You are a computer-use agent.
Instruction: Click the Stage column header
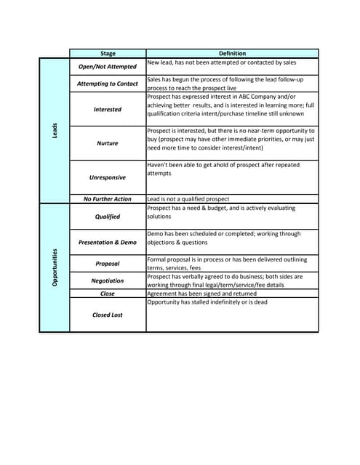pyautogui.click(x=108, y=53)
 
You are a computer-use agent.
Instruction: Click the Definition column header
pyautogui.click(x=232, y=53)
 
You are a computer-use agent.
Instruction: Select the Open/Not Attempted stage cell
pyautogui.click(x=108, y=66)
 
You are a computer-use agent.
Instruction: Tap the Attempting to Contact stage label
pyautogui.click(x=108, y=84)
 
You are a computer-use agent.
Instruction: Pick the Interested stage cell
pyautogui.click(x=108, y=109)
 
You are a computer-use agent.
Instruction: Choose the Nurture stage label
pyautogui.click(x=108, y=143)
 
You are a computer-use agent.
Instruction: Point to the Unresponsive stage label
pyautogui.click(x=108, y=177)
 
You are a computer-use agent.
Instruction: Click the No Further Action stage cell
pyautogui.click(x=108, y=199)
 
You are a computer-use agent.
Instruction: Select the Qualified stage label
pyautogui.click(x=108, y=217)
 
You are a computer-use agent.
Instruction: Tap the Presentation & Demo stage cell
pyautogui.click(x=108, y=242)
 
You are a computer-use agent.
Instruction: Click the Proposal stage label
pyautogui.click(x=108, y=264)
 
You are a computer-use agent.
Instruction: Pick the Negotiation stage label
pyautogui.click(x=108, y=280)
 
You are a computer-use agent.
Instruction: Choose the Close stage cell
pyautogui.click(x=108, y=294)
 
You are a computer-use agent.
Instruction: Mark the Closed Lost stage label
pyautogui.click(x=108, y=315)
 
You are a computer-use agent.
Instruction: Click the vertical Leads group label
pyautogui.click(x=55, y=131)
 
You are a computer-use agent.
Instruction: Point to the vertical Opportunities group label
pyautogui.click(x=55, y=267)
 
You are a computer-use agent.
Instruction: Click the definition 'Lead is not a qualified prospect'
pyautogui.click(x=188, y=199)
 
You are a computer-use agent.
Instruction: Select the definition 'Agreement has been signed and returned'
pyautogui.click(x=201, y=294)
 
